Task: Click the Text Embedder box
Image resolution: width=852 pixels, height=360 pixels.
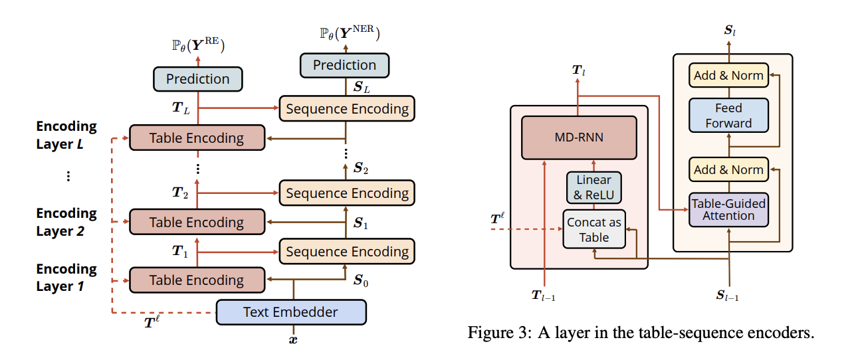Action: coord(291,312)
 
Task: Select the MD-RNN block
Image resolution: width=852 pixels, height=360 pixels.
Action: coord(579,138)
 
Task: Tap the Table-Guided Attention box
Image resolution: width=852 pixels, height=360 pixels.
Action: coord(728,209)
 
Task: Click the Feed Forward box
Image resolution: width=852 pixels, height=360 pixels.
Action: coord(728,116)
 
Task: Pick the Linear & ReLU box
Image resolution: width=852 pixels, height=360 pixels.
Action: coord(593,187)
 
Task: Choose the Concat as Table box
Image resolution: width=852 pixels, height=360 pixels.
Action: coord(593,229)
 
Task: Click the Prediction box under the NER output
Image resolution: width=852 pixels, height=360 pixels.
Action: coord(344,65)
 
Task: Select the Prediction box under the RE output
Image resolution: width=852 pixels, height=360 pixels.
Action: coord(197,79)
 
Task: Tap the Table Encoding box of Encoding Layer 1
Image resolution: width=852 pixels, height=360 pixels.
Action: coord(196,280)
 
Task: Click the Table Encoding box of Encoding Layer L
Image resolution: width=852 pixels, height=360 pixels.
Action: coord(196,138)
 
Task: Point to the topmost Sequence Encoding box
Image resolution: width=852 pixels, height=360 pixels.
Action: coord(347,108)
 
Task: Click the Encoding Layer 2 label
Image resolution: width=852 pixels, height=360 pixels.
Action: coord(66,222)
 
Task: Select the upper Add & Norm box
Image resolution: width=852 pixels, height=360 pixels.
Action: coord(728,76)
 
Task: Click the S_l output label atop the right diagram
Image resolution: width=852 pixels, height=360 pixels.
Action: coord(729,30)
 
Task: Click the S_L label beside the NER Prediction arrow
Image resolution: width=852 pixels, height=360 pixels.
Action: coord(361,86)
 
